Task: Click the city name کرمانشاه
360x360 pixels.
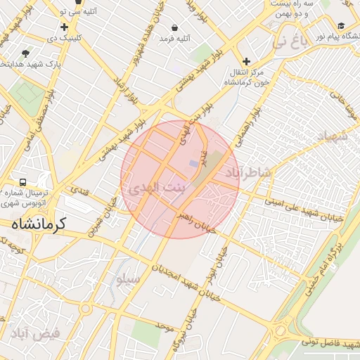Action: click(x=38, y=224)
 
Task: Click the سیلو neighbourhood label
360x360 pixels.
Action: click(x=128, y=279)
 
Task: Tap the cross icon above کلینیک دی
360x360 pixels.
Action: click(x=64, y=27)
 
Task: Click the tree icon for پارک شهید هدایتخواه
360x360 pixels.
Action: click(x=26, y=53)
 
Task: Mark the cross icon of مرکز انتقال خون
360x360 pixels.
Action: click(x=246, y=61)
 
